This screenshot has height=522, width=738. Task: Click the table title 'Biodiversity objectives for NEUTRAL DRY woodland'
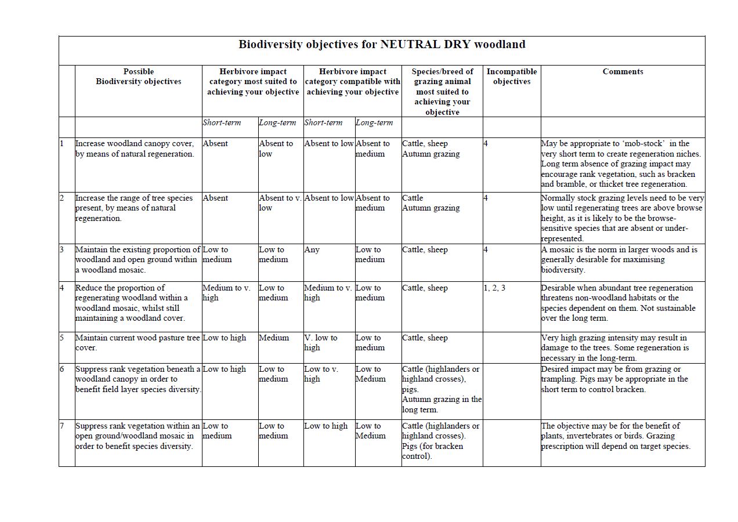coord(382,45)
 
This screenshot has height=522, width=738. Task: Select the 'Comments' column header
coord(623,72)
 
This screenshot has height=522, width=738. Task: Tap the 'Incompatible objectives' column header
coord(512,77)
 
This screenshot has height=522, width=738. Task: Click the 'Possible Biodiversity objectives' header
coord(139,77)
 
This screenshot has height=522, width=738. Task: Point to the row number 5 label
coord(62,338)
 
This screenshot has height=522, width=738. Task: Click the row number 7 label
coord(62,426)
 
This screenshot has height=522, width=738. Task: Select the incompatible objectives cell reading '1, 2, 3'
coord(494,288)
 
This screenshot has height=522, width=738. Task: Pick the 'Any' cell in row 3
coord(312,250)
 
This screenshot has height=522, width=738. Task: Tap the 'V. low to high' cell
coord(321,343)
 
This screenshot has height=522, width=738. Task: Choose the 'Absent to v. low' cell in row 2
coord(280,203)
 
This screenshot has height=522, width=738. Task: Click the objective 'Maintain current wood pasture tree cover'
coord(138,343)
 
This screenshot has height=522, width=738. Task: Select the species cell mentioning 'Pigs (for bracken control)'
coord(441,441)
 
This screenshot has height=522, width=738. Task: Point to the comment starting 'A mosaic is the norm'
coord(620,260)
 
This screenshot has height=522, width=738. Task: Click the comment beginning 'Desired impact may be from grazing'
coord(614,379)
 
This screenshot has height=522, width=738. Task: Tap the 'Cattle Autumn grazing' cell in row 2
coord(430,203)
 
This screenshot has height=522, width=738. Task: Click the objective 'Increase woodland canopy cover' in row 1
coord(135,148)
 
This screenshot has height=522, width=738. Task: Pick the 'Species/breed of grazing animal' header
coord(442,92)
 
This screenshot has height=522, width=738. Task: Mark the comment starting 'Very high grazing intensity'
coord(615,347)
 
